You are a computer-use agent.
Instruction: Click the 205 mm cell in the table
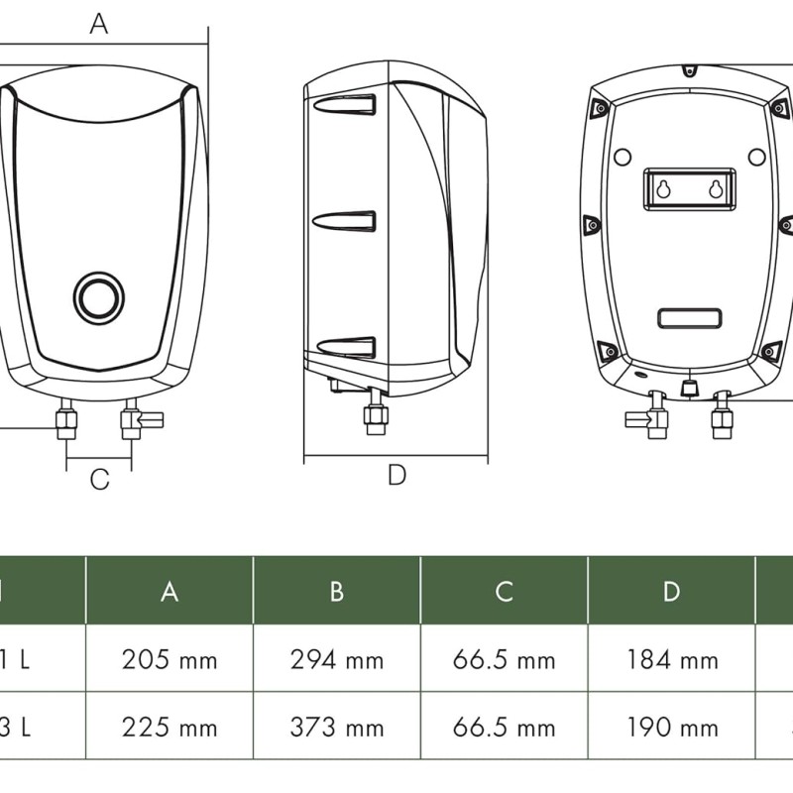coord(170,659)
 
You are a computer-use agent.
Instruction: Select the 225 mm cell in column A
coord(170,728)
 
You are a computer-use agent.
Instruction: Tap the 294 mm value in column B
coord(337,659)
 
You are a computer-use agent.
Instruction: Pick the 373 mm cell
coord(337,728)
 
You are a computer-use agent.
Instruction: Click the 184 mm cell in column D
coord(672,659)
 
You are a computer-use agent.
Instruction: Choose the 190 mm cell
coord(672,728)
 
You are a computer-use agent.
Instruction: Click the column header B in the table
coord(337,592)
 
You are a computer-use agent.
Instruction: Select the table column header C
coord(505,592)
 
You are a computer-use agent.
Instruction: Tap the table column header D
coord(672,592)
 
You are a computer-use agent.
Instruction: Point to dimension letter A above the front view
coord(99,24)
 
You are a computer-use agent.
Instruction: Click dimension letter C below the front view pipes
coord(99,480)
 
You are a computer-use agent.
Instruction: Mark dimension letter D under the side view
coord(396,476)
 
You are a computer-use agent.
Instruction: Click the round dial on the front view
coord(98,296)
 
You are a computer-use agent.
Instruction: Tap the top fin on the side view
coord(346,105)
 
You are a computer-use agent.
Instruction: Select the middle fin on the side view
coord(346,221)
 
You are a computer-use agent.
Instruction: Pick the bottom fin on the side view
coord(346,347)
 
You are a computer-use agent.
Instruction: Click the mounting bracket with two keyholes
coord(690,189)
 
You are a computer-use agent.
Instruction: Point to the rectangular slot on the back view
coord(690,319)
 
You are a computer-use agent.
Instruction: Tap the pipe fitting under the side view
coord(376,414)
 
